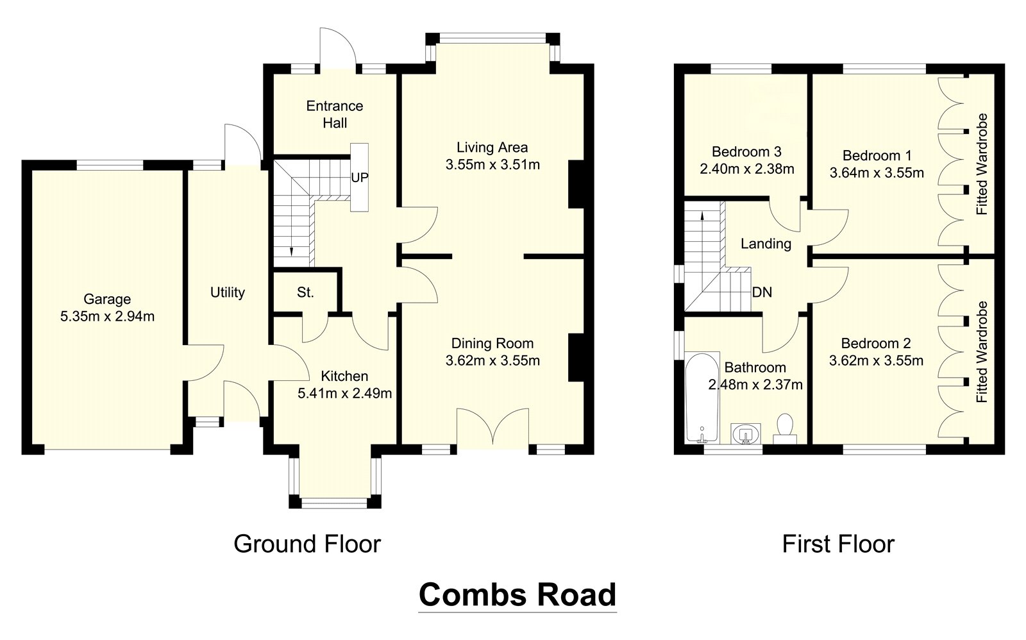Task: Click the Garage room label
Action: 107,299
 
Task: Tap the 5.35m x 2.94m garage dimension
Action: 107,316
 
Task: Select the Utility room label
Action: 228,292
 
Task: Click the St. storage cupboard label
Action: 305,293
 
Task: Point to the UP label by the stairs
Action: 360,177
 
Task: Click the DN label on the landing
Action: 762,292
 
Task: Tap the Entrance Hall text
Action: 334,114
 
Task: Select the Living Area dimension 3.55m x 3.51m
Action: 492,165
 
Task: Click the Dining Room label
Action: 492,344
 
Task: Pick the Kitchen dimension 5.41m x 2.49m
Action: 344,393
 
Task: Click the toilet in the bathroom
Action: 785,428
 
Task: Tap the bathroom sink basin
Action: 745,433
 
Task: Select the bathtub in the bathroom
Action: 702,398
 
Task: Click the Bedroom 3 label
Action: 746,152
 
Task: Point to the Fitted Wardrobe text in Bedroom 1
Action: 982,164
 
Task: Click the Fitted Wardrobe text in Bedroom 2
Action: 982,351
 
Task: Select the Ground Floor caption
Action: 307,544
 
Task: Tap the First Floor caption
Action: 837,544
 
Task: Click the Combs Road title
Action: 517,594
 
